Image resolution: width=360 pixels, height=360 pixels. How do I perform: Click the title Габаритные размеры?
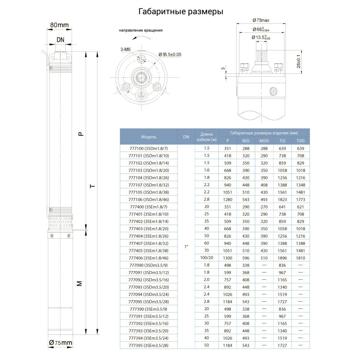pos(181,12)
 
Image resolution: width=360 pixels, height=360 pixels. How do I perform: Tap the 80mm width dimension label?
pos(59,25)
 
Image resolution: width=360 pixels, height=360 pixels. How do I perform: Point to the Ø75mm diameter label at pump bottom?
pos(61,342)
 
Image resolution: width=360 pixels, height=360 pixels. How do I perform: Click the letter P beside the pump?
pos(81,134)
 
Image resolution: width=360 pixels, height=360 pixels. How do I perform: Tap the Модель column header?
pos(148,137)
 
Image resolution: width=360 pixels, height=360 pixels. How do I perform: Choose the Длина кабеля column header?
pos(207,137)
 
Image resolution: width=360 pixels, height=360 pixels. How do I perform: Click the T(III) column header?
pos(300,141)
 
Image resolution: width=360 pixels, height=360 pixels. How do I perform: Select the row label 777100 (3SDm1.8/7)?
pos(148,148)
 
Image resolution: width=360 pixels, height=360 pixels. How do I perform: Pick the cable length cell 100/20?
pos(207,258)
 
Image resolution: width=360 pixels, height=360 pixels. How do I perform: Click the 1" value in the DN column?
pos(186,247)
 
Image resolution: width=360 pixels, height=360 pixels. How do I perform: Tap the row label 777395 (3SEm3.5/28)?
pos(148,345)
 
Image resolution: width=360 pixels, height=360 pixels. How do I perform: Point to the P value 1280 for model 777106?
pos(228,199)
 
